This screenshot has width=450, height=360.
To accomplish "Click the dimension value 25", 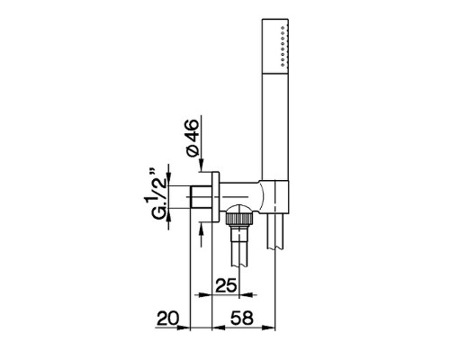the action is click(226, 285).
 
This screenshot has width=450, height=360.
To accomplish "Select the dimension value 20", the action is click(167, 318).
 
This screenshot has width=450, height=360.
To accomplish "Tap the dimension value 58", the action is click(242, 318).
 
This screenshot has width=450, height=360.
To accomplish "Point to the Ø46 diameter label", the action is click(193, 138).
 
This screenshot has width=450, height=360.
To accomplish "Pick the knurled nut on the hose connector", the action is click(238, 218).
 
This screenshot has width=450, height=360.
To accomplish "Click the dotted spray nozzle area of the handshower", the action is click(283, 46).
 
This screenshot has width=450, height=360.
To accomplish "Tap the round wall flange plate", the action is click(216, 197).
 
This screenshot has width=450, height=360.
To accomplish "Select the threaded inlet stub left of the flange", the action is click(202, 197).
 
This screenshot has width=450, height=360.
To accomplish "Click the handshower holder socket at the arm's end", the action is click(275, 198).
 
